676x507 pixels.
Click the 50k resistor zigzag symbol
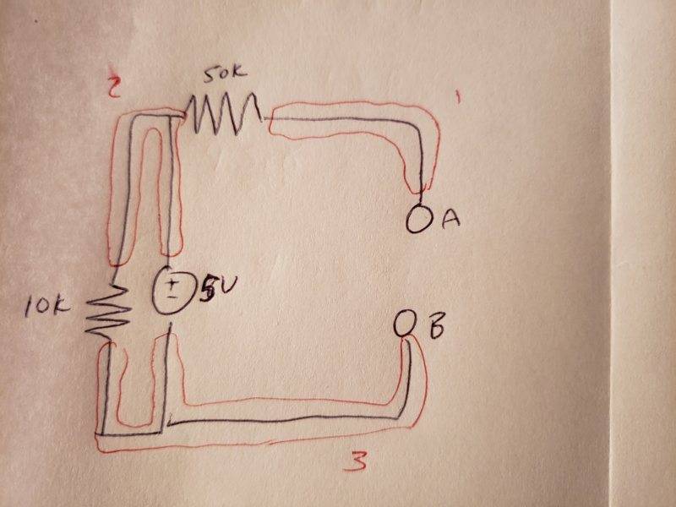pyautogui.click(x=221, y=112)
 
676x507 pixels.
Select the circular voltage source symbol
pyautogui.click(x=172, y=290)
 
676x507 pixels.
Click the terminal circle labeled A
pyautogui.click(x=420, y=220)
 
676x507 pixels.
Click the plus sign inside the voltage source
pyautogui.click(x=171, y=283)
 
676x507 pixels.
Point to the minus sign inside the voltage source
pyautogui.click(x=172, y=297)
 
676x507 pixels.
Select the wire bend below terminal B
pyautogui.click(x=406, y=412)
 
